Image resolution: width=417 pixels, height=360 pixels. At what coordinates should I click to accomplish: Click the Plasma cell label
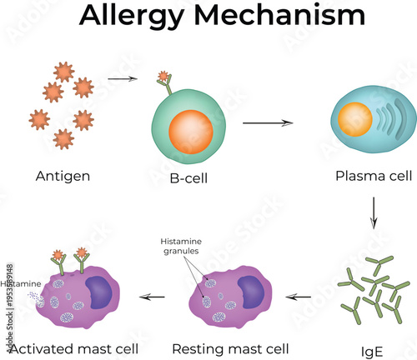(369, 176)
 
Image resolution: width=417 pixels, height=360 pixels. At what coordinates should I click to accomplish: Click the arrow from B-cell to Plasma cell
(268, 122)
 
